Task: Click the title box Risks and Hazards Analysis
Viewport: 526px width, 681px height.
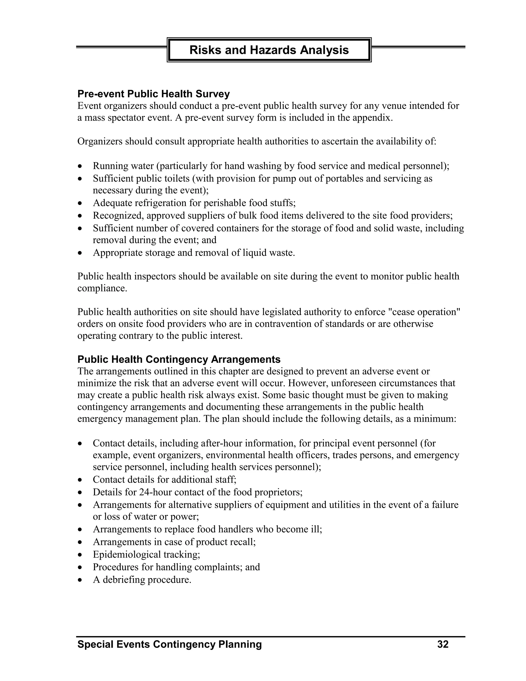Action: tap(269, 50)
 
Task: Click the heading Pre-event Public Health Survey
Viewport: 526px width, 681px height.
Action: tap(153, 94)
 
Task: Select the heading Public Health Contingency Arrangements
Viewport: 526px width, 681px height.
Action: tap(179, 359)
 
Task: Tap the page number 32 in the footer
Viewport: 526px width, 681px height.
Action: tap(443, 644)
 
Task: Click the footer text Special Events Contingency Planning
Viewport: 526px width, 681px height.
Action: tap(170, 644)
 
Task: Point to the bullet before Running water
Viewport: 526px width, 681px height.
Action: tap(80, 166)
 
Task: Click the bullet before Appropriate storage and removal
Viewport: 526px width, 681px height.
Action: tap(80, 253)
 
